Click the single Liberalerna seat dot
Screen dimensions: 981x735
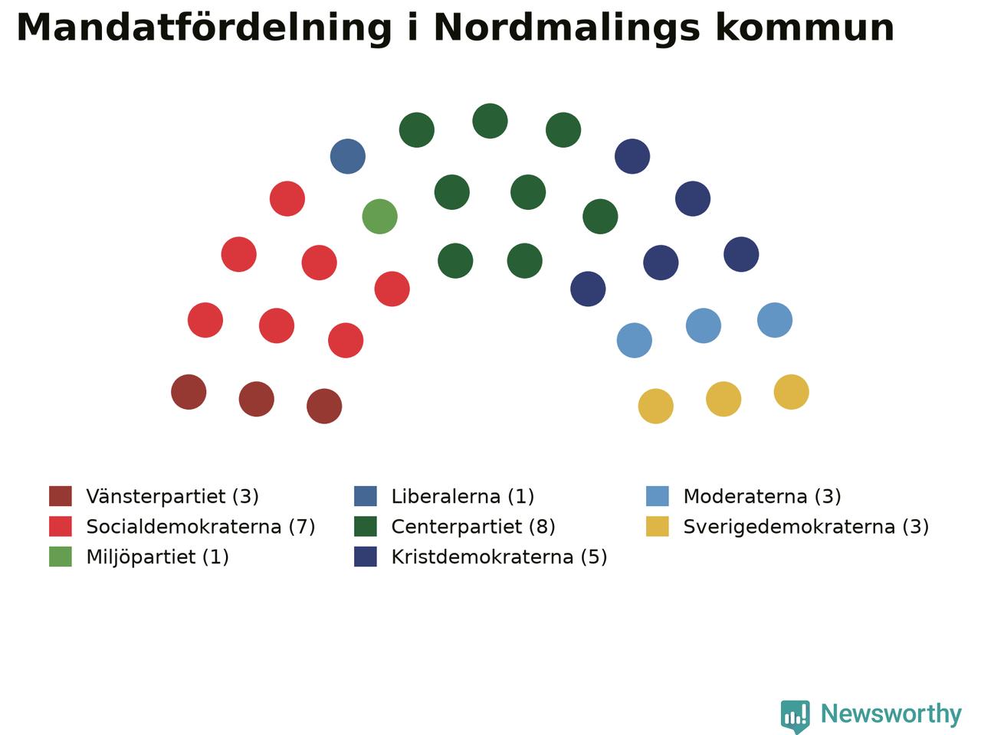tap(348, 156)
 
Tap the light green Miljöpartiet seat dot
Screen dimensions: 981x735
tap(379, 217)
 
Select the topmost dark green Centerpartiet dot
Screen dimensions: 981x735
tap(490, 121)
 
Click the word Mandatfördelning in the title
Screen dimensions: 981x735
tap(204, 28)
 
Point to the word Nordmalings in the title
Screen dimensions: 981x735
tap(566, 28)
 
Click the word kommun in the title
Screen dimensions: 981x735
tap(805, 28)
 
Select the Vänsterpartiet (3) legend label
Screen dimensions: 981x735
tap(172, 496)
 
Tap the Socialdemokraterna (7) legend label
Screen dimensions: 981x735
tap(201, 527)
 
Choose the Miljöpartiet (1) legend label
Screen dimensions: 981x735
tap(157, 557)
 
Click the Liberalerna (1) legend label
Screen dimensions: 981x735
tap(463, 496)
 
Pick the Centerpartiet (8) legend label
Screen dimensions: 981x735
tap(474, 527)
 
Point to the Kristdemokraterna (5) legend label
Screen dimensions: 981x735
tap(499, 557)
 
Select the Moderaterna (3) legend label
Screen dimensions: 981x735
tap(762, 496)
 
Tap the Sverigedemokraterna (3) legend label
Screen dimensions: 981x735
tap(806, 527)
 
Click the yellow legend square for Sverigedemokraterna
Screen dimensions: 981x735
tap(658, 526)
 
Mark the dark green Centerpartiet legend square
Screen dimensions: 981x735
tap(365, 526)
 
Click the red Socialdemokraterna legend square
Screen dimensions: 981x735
tap(61, 526)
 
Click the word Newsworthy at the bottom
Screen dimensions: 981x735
tap(891, 714)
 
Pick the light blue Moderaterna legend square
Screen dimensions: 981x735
tap(658, 496)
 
